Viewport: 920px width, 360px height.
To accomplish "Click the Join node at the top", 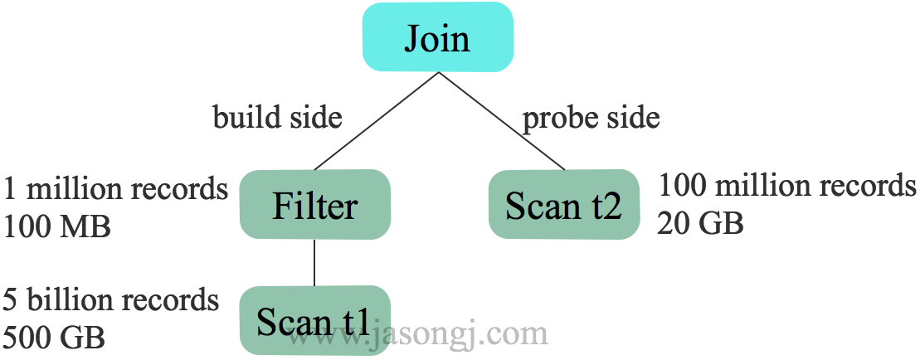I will [x=438, y=37].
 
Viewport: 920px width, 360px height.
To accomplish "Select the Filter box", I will [x=314, y=204].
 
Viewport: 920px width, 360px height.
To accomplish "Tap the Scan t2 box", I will [x=563, y=204].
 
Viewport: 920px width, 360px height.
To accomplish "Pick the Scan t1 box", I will [x=314, y=320].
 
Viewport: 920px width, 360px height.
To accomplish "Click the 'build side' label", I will [x=277, y=117].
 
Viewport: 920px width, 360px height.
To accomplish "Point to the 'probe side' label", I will [x=591, y=117].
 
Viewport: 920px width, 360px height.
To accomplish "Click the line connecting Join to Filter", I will [x=377, y=121].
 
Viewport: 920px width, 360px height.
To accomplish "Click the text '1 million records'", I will [x=115, y=188].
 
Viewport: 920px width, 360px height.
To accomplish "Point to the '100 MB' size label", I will [x=56, y=225].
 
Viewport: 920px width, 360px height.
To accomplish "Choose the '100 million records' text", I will [x=786, y=185].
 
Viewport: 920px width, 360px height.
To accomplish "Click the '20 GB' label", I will [x=700, y=222].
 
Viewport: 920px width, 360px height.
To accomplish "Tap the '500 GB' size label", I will [x=54, y=336].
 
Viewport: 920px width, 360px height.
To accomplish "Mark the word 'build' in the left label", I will [x=242, y=117].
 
